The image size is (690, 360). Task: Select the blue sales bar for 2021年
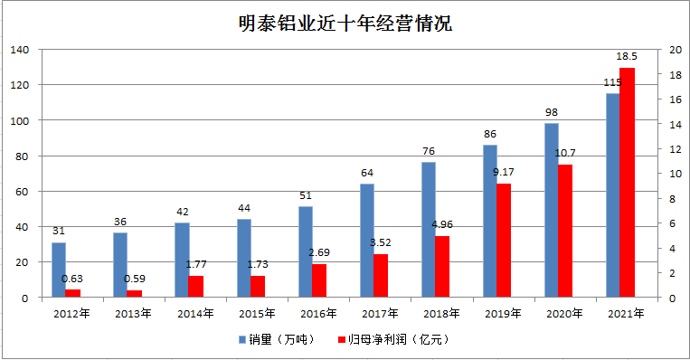(x=612, y=194)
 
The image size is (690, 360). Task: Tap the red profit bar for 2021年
(x=627, y=182)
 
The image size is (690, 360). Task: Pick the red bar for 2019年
(x=504, y=241)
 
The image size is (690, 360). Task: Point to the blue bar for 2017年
(x=366, y=241)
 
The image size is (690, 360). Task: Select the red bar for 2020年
(x=565, y=231)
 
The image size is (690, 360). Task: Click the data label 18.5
(x=627, y=57)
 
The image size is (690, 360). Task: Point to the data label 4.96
(x=442, y=225)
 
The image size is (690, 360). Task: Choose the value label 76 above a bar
(x=428, y=151)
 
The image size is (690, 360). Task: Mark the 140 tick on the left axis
(x=20, y=50)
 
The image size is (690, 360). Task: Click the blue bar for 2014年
(x=182, y=260)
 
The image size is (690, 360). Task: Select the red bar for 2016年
(x=319, y=280)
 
